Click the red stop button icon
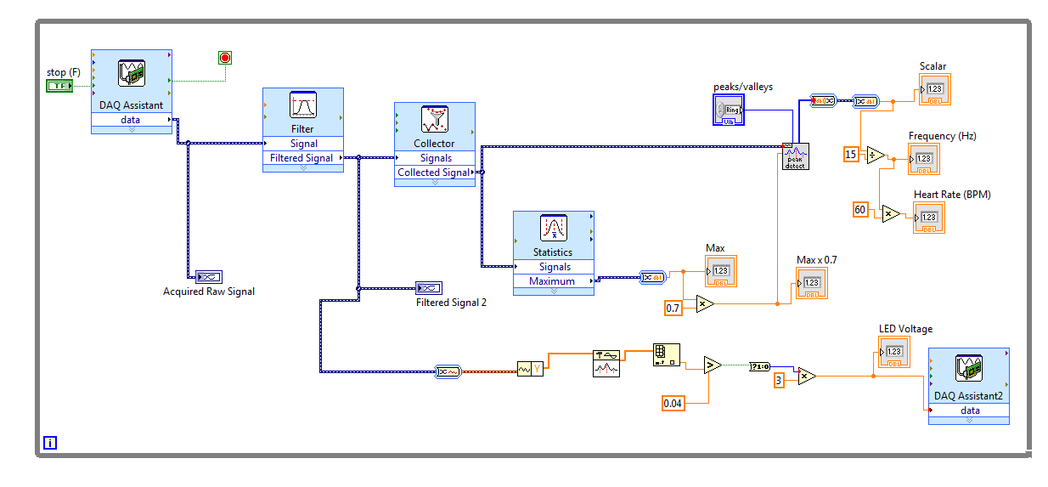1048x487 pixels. click(x=225, y=58)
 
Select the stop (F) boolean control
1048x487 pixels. click(x=59, y=87)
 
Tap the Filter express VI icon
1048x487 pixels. click(x=302, y=106)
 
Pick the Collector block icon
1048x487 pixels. click(x=434, y=120)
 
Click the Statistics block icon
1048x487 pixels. click(x=554, y=229)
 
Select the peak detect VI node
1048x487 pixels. click(x=795, y=156)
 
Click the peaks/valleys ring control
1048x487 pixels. click(x=729, y=110)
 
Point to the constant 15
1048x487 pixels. click(x=851, y=154)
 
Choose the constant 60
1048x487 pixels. click(x=860, y=209)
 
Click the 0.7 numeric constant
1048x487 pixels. click(x=673, y=308)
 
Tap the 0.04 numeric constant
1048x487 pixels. click(x=673, y=403)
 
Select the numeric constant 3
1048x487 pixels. click(x=779, y=380)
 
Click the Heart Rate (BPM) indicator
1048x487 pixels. click(x=928, y=218)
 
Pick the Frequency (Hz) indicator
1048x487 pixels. click(x=924, y=159)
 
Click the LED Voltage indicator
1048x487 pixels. click(x=893, y=352)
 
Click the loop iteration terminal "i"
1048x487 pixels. click(x=50, y=442)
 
